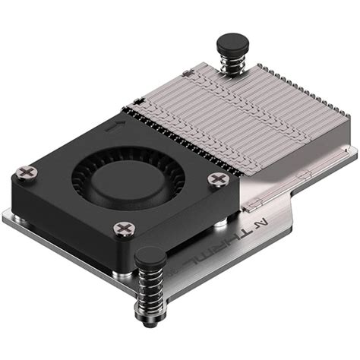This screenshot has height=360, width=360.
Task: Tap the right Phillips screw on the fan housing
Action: pos(219,180)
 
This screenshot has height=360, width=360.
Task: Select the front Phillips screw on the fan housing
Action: pos(122,229)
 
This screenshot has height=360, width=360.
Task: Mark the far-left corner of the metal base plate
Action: pos(5,216)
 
